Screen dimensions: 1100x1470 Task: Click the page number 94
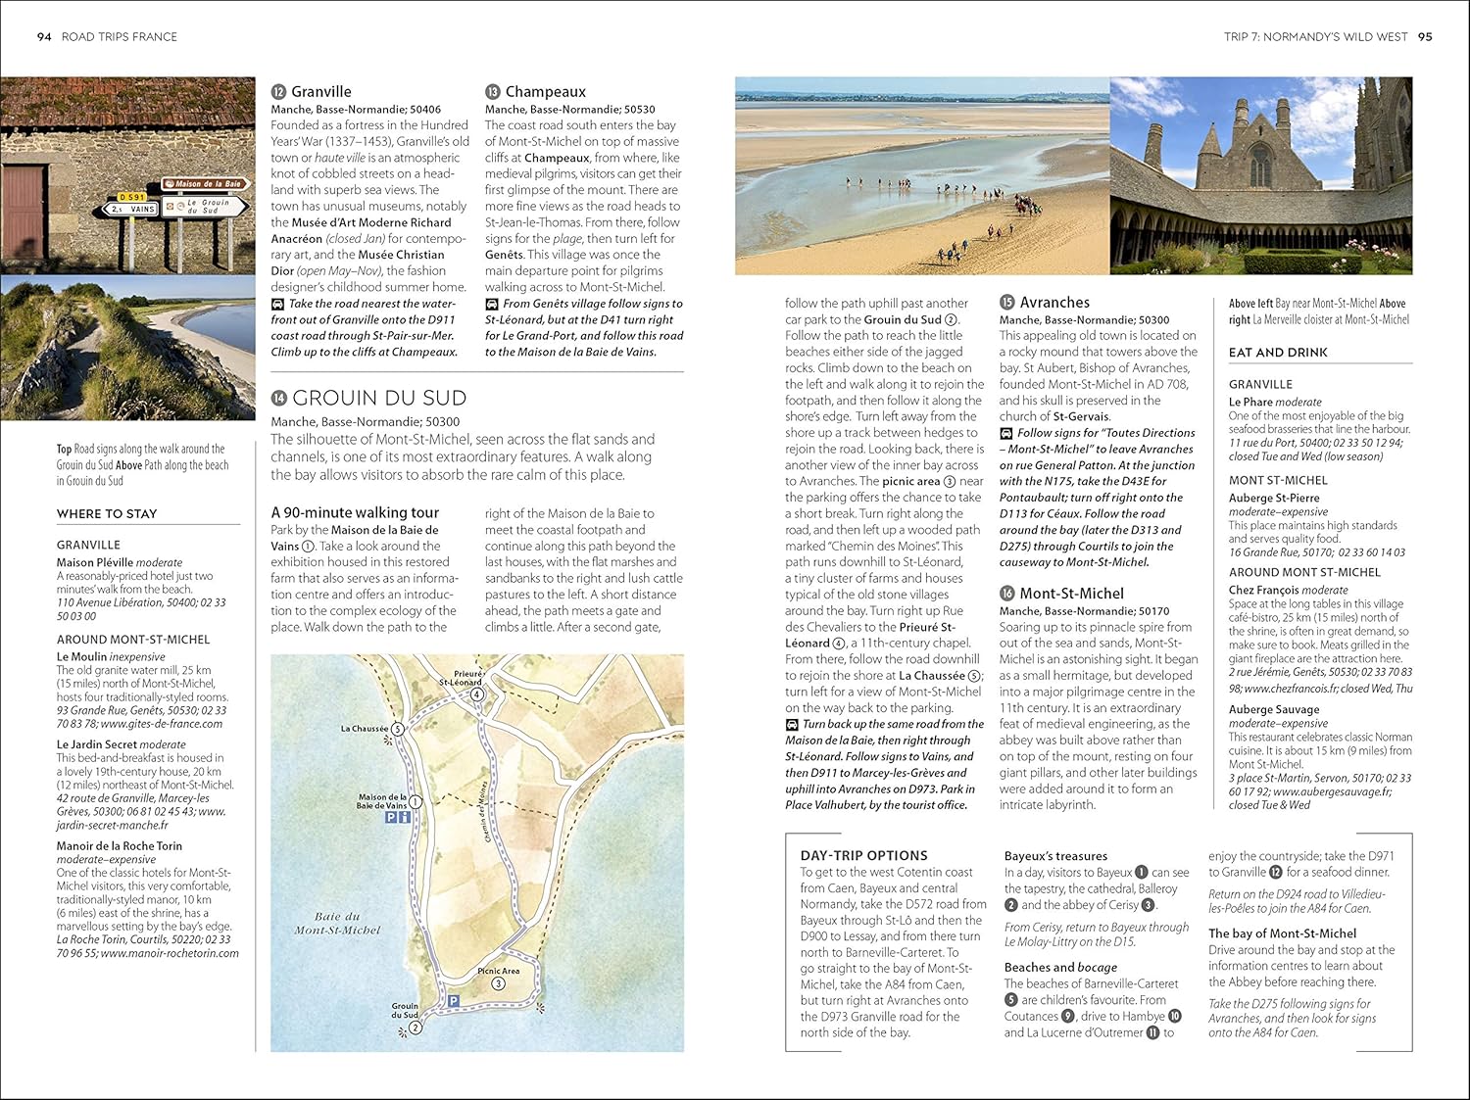(44, 37)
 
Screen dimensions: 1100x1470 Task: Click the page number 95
(1425, 37)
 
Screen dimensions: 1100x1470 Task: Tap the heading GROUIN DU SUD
(378, 398)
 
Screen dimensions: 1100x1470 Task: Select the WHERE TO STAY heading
(107, 513)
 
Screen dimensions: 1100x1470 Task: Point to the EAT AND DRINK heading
(1278, 353)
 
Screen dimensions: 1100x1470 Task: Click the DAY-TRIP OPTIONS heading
(863, 855)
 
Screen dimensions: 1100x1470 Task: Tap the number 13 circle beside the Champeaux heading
(493, 92)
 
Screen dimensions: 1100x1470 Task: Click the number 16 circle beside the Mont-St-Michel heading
(1006, 594)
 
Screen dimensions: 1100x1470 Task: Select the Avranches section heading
(1054, 303)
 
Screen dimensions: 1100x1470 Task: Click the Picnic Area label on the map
(498, 971)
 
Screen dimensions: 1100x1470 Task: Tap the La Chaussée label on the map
(365, 729)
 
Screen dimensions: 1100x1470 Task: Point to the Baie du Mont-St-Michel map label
(337, 923)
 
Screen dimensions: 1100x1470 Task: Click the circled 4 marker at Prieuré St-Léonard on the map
(477, 694)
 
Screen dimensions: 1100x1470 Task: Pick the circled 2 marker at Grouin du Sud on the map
(415, 1028)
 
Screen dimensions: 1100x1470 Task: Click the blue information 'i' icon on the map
(405, 817)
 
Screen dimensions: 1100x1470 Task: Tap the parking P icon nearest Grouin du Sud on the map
(453, 1001)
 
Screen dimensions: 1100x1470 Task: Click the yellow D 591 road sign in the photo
(132, 197)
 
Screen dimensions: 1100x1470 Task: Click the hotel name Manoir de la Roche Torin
(120, 846)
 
